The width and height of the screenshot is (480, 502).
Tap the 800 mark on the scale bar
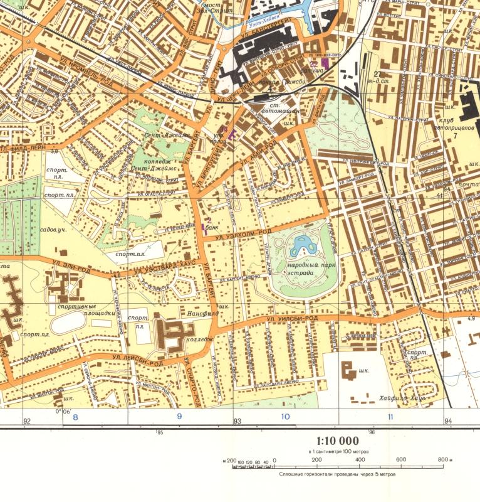(443, 460)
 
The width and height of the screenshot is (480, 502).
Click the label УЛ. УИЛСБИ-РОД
(292, 319)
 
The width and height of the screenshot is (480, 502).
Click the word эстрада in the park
(301, 273)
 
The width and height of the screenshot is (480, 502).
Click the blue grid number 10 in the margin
(285, 417)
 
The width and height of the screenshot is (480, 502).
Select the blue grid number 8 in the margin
(75, 417)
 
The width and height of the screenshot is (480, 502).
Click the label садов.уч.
(50, 230)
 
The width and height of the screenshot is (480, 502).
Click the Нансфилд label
(201, 311)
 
